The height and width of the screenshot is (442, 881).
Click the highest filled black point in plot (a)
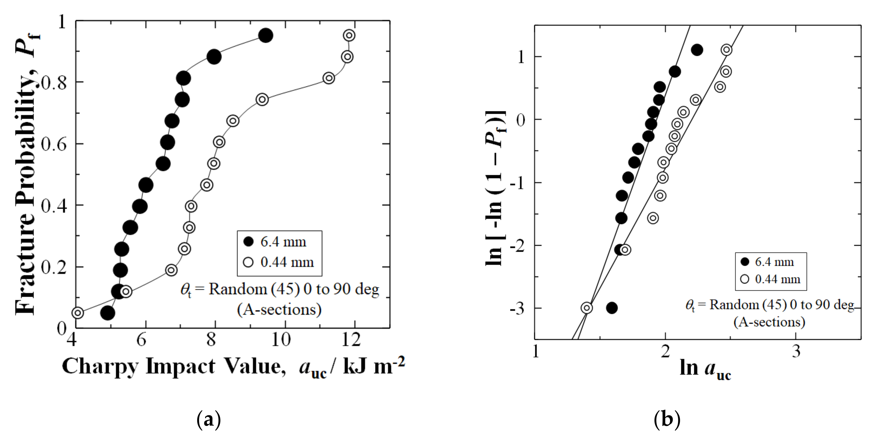click(265, 35)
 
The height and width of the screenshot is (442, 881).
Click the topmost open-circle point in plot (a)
click(349, 35)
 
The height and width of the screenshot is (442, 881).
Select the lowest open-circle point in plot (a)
click(78, 313)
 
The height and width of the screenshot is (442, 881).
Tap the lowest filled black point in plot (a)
click(107, 313)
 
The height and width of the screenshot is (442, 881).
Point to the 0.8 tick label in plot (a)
click(54, 83)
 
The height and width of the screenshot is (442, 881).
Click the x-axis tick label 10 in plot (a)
click(281, 340)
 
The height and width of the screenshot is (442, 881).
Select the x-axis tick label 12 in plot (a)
click(351, 340)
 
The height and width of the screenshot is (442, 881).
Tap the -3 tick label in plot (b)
click(517, 309)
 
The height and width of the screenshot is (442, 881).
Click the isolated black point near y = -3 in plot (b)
click(611, 308)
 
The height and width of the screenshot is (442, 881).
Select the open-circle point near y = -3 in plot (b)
click(587, 308)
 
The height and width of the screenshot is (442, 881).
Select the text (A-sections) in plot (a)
click(279, 310)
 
